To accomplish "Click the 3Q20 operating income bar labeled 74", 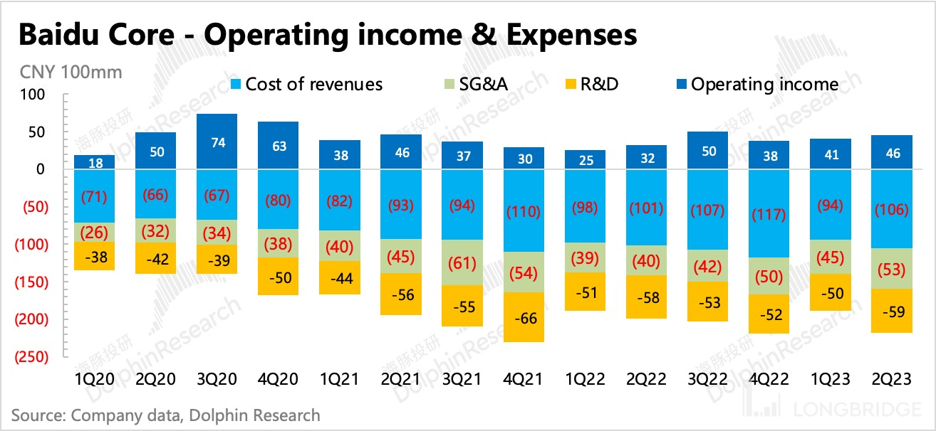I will click(x=217, y=142).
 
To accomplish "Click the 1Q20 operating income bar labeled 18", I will click(x=95, y=162).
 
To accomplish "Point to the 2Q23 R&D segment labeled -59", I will click(x=893, y=311).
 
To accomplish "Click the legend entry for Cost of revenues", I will click(x=313, y=85).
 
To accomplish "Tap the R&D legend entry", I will click(x=597, y=85).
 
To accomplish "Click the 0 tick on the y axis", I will click(x=40, y=169).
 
